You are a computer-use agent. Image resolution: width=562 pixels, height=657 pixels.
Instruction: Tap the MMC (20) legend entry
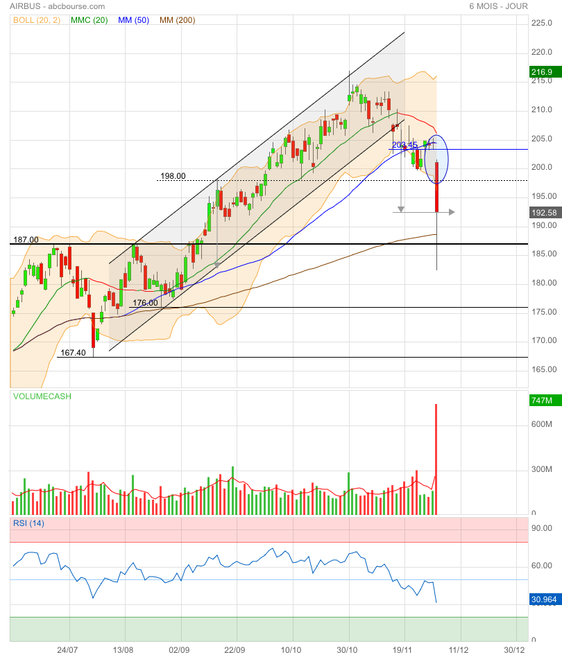[x=89, y=21]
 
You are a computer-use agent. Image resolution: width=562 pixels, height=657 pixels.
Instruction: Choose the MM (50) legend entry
[x=133, y=21]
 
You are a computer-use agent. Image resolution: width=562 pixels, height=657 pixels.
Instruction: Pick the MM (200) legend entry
[x=178, y=21]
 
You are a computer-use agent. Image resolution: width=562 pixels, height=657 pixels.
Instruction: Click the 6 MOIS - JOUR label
[x=498, y=6]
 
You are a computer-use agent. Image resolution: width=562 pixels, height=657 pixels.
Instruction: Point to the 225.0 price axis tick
[x=541, y=23]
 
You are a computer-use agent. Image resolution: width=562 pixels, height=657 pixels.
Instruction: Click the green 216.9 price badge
[x=541, y=72]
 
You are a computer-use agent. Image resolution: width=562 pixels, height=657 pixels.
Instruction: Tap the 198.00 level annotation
[x=173, y=176]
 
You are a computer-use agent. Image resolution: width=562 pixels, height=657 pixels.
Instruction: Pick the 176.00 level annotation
[x=145, y=303]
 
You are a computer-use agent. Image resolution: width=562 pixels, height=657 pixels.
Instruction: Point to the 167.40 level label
[x=73, y=353]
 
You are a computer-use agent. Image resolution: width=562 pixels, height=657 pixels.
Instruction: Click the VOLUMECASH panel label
[x=42, y=396]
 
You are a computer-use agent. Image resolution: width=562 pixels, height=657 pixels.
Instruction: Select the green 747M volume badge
[x=541, y=401]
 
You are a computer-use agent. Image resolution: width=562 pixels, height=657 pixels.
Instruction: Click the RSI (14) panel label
[x=28, y=523]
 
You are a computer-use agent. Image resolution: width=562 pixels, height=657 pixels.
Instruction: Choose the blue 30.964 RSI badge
[x=543, y=599]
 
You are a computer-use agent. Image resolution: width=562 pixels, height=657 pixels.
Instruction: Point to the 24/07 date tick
[x=67, y=650]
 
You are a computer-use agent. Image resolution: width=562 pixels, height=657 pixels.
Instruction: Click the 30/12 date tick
[x=513, y=650]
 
